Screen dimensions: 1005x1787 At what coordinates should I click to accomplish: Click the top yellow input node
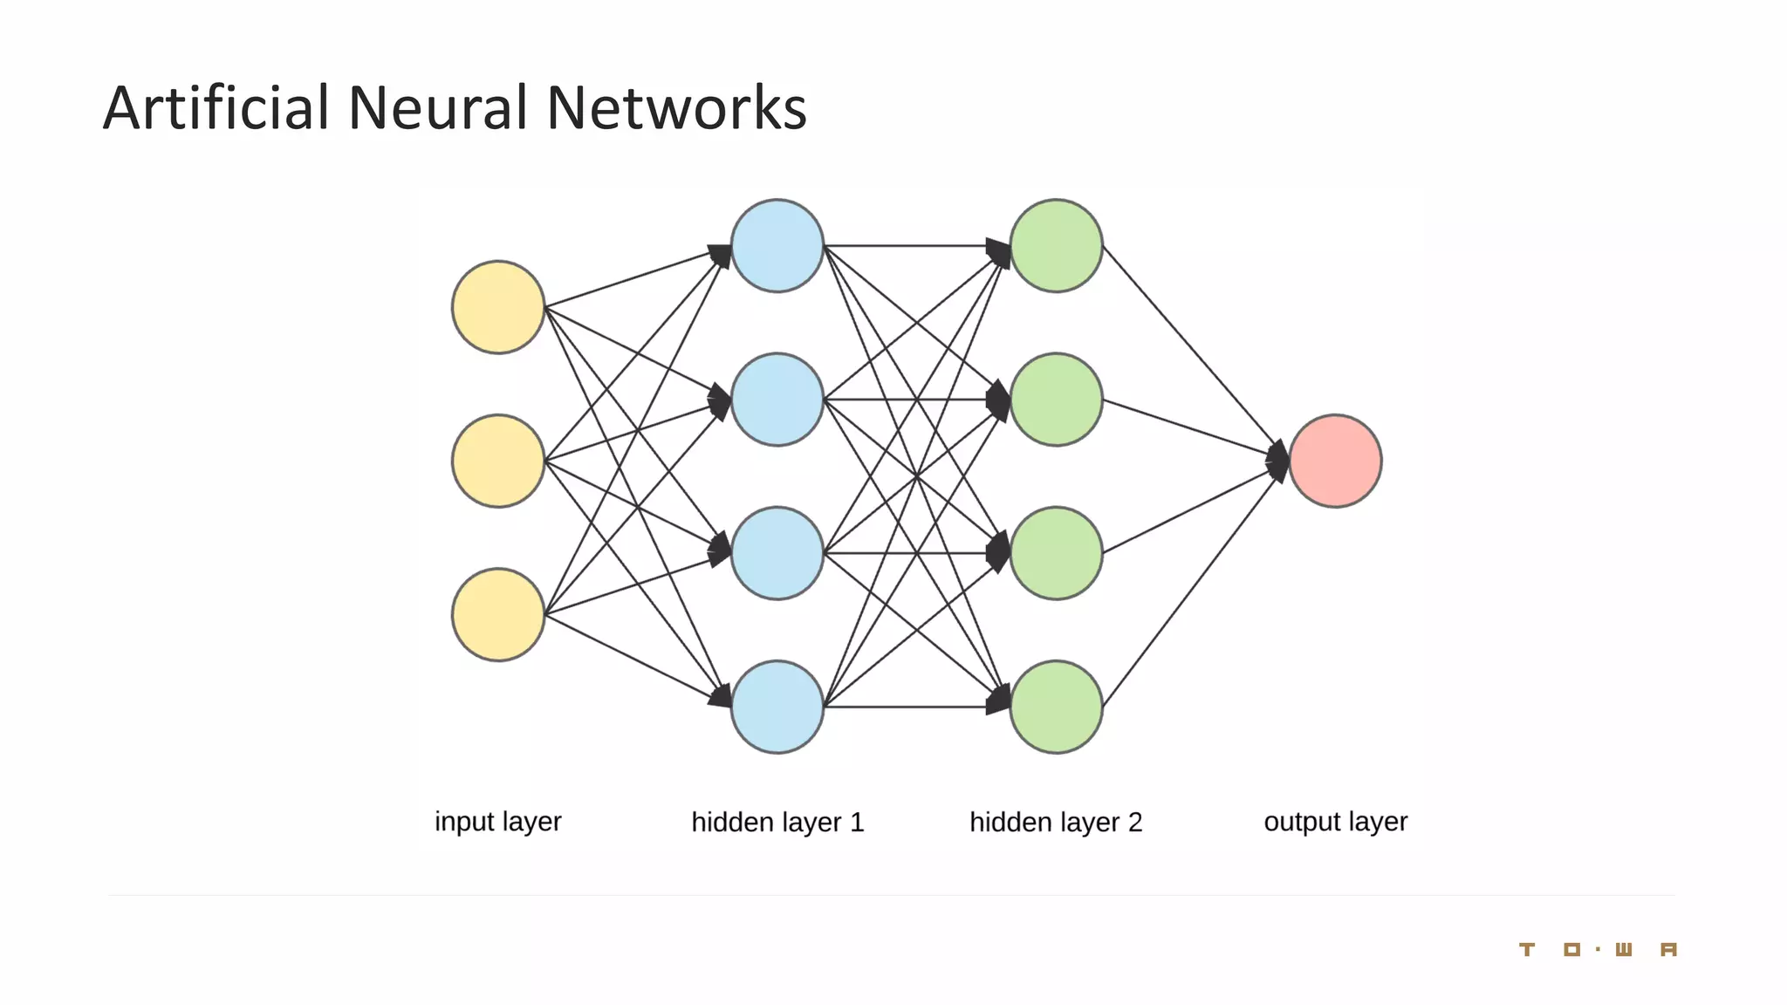[x=498, y=307]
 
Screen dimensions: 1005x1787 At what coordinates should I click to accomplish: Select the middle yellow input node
[x=498, y=461]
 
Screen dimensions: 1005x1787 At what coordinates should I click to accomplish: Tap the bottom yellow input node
[x=498, y=615]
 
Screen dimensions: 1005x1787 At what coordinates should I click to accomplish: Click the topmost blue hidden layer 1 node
[x=777, y=246]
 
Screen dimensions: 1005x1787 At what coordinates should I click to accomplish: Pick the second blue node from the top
[x=777, y=400]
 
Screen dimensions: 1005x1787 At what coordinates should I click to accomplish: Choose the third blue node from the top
[x=777, y=553]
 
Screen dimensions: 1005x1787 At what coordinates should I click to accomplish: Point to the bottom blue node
[x=777, y=707]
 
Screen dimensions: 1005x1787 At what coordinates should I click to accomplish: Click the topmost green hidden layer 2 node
[x=1057, y=246]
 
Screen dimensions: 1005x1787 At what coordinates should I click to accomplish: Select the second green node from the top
[x=1057, y=400]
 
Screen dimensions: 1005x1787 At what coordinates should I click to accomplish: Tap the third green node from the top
[x=1057, y=553]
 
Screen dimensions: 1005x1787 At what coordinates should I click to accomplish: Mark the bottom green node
[x=1057, y=707]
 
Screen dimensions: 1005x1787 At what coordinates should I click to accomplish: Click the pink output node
[x=1335, y=461]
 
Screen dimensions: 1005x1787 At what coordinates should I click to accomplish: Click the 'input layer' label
[x=498, y=822]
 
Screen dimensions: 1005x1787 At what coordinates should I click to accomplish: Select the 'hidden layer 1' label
[x=777, y=822]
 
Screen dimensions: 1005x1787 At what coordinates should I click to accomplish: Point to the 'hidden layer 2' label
[x=1056, y=822]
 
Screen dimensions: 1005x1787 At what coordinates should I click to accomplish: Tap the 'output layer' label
[x=1335, y=822]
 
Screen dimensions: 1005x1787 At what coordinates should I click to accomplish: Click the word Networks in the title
[x=676, y=108]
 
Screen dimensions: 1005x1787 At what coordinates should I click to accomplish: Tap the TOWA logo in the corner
[x=1598, y=949]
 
